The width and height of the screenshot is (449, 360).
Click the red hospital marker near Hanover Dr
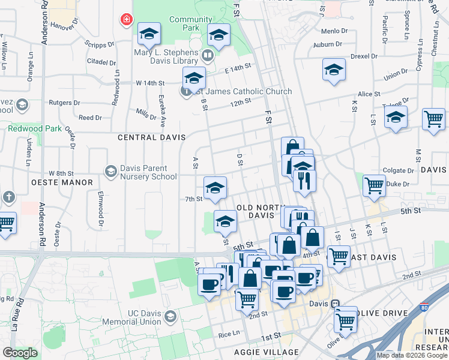tap(127, 20)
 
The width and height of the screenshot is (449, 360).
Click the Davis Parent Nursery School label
tap(148, 172)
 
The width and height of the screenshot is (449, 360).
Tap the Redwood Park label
tap(34, 128)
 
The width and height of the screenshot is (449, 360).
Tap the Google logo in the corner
tap(20, 353)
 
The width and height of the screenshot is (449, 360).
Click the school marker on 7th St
tap(215, 188)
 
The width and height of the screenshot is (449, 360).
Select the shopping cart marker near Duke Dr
tap(374, 185)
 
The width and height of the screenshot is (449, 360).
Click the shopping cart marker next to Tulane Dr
tap(433, 118)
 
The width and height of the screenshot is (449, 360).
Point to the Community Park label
tap(190, 23)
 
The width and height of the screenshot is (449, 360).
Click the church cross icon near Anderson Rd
tap(8, 197)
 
